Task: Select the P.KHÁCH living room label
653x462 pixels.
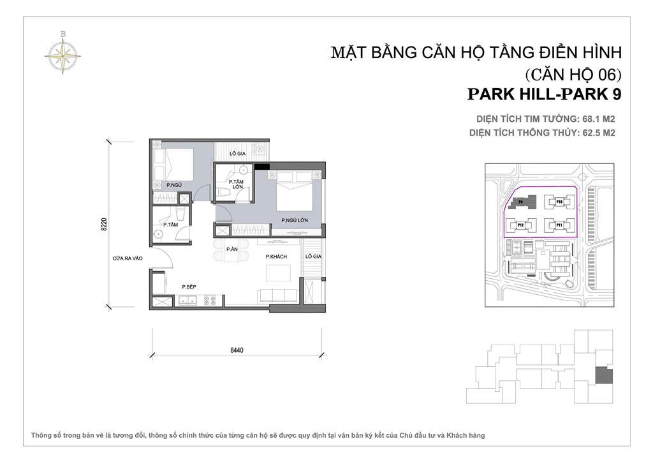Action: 277,257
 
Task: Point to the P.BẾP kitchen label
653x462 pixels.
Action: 188,287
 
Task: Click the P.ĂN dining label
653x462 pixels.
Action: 231,250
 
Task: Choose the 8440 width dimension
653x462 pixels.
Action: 237,350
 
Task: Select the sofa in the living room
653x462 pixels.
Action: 277,296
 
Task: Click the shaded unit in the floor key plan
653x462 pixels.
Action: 603,375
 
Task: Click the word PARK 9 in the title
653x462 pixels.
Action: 592,94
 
